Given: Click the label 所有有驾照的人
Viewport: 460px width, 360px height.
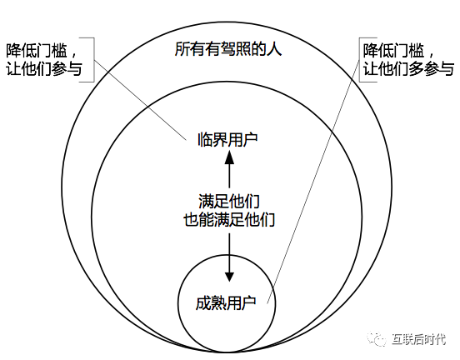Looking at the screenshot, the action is tap(228, 49).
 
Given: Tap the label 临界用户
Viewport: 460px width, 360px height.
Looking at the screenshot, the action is tap(227, 139).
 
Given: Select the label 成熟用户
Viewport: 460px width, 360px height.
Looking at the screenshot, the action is tap(226, 302).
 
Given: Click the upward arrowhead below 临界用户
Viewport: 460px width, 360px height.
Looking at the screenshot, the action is tap(229, 157).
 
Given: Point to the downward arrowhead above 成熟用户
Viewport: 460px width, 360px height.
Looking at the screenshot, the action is tap(229, 277).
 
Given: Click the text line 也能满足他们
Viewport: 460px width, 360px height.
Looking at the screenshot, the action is tap(229, 219).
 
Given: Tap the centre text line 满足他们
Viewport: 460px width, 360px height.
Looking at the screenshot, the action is tap(229, 202).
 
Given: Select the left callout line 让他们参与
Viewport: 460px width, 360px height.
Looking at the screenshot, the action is tap(43, 69).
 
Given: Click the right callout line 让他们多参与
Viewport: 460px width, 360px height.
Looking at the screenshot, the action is tap(408, 69).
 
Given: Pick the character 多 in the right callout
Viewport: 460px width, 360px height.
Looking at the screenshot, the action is tap(416, 69).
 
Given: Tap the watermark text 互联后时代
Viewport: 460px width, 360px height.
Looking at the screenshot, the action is tap(419, 339).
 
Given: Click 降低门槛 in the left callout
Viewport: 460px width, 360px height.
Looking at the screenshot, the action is tap(37, 51).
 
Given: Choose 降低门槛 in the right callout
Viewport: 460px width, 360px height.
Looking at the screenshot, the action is tap(393, 51).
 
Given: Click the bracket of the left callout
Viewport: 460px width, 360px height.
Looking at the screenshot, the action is tap(94, 59).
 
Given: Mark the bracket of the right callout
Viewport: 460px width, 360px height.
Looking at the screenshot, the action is tap(360, 59).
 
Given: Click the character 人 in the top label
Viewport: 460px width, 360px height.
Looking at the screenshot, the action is tap(274, 49).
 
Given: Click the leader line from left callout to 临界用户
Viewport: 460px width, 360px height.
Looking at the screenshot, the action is tap(140, 100).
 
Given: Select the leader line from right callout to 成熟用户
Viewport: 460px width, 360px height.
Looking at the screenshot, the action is tap(313, 182).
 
